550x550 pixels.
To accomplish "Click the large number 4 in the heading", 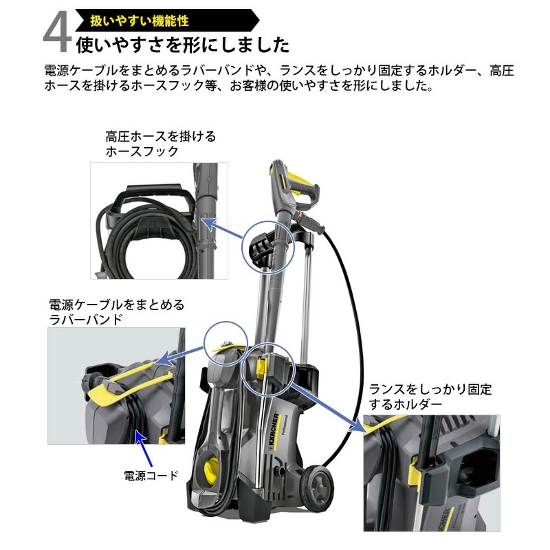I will point(56,34).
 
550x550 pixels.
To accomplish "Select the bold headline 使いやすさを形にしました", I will point(181,45).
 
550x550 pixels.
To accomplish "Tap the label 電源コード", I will point(151,474).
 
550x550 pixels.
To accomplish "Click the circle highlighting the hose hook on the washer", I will point(267,247).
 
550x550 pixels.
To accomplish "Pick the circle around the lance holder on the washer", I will point(269,368).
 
